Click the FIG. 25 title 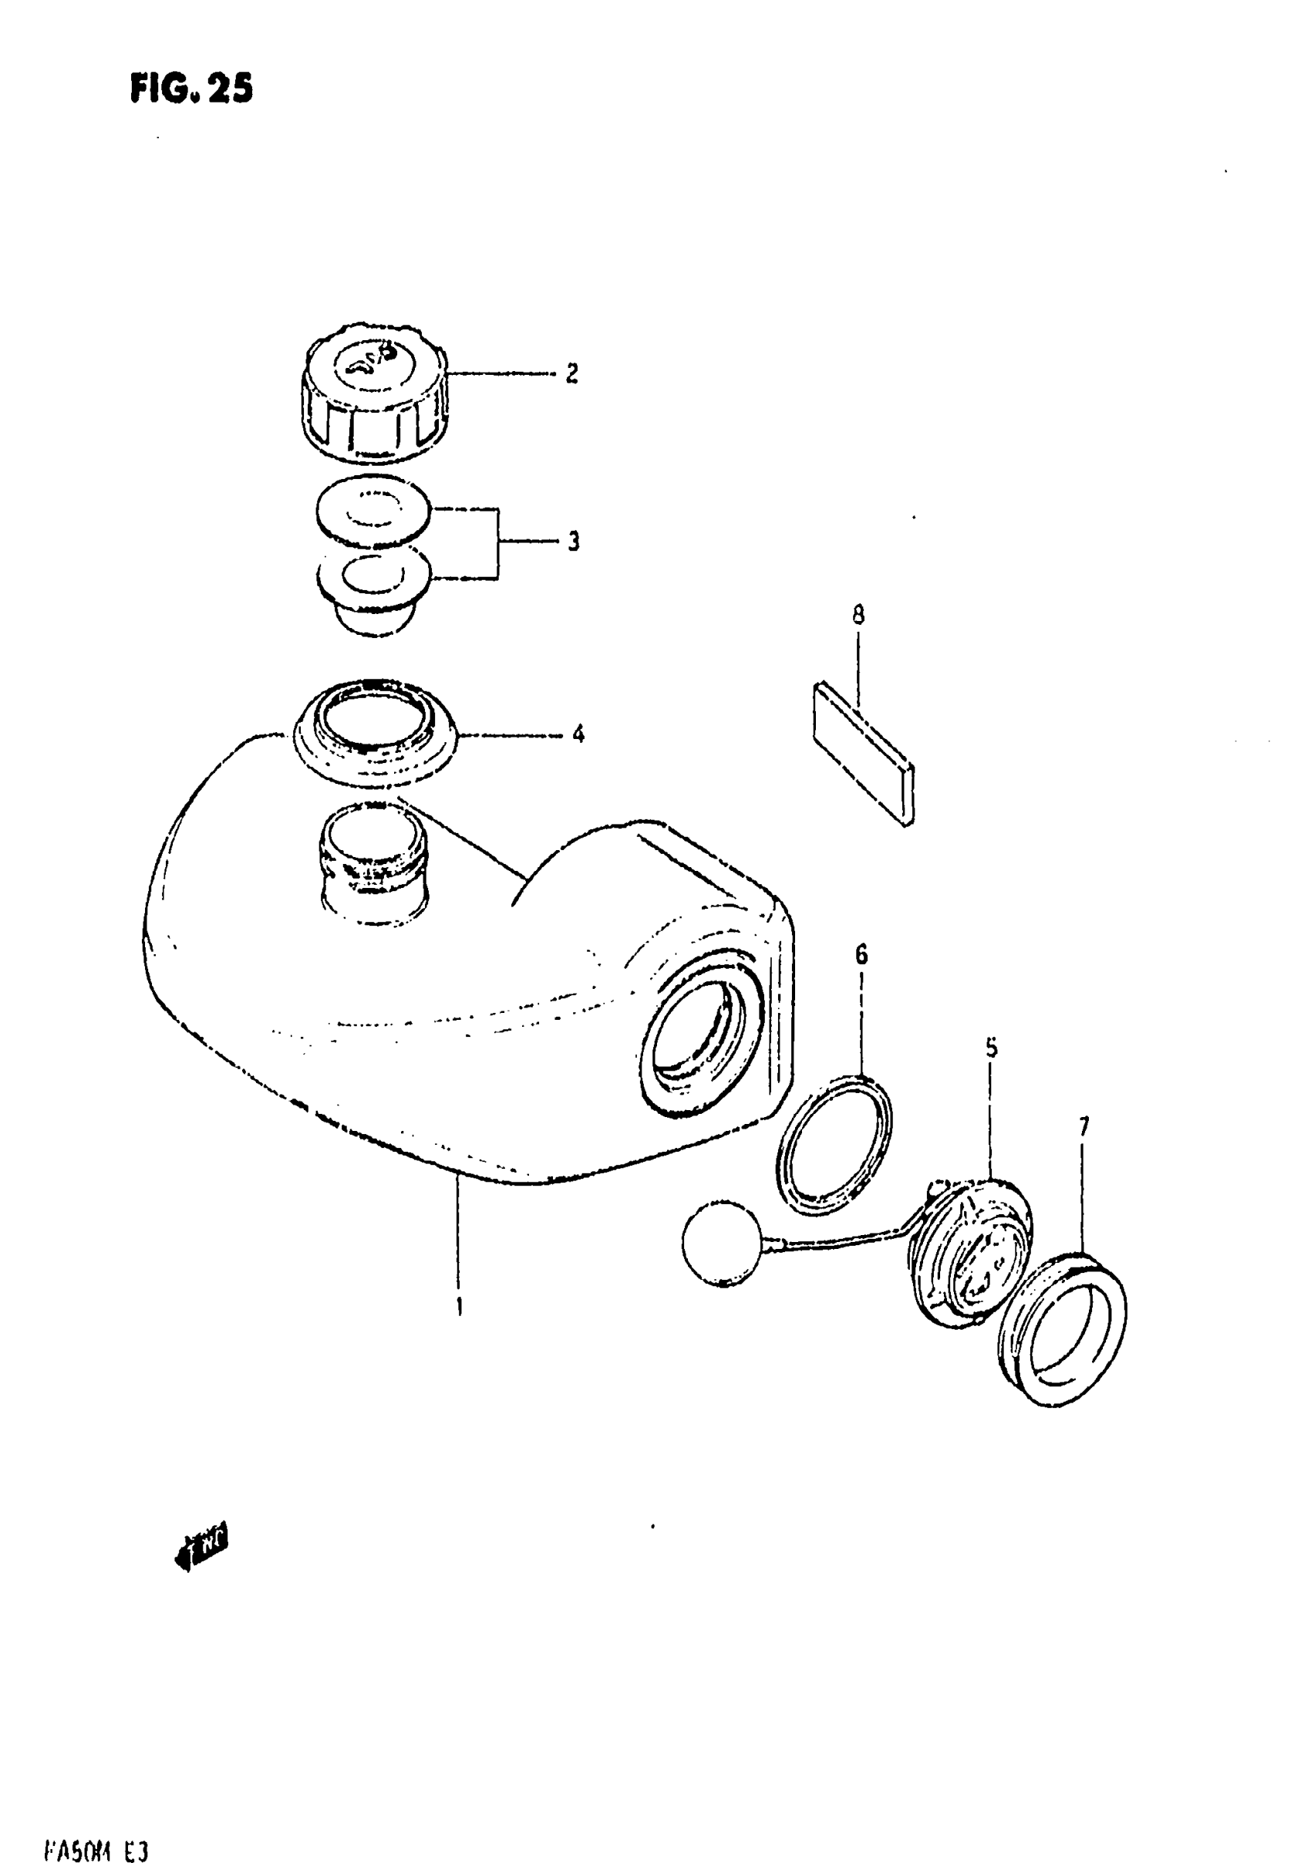191,88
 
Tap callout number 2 572,374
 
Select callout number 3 574,542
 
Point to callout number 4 578,734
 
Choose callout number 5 992,1048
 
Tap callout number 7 1084,1127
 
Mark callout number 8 858,615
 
